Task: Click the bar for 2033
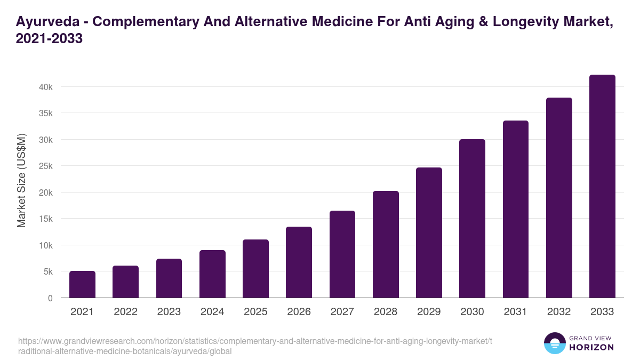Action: pos(602,186)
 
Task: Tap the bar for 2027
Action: pos(342,254)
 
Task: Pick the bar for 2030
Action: pos(472,219)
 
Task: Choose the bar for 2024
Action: pos(212,274)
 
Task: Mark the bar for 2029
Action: pos(429,233)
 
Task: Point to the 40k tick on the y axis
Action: pos(44,87)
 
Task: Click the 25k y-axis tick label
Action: pos(44,166)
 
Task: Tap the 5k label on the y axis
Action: pos(47,272)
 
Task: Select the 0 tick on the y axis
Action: pos(50,298)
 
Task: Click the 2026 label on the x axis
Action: pos(299,312)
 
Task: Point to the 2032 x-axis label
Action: pos(559,312)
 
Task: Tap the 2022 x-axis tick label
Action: pos(125,312)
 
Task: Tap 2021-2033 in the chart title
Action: pos(49,39)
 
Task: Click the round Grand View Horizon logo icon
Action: pos(555,343)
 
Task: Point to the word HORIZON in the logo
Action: pos(592,347)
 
